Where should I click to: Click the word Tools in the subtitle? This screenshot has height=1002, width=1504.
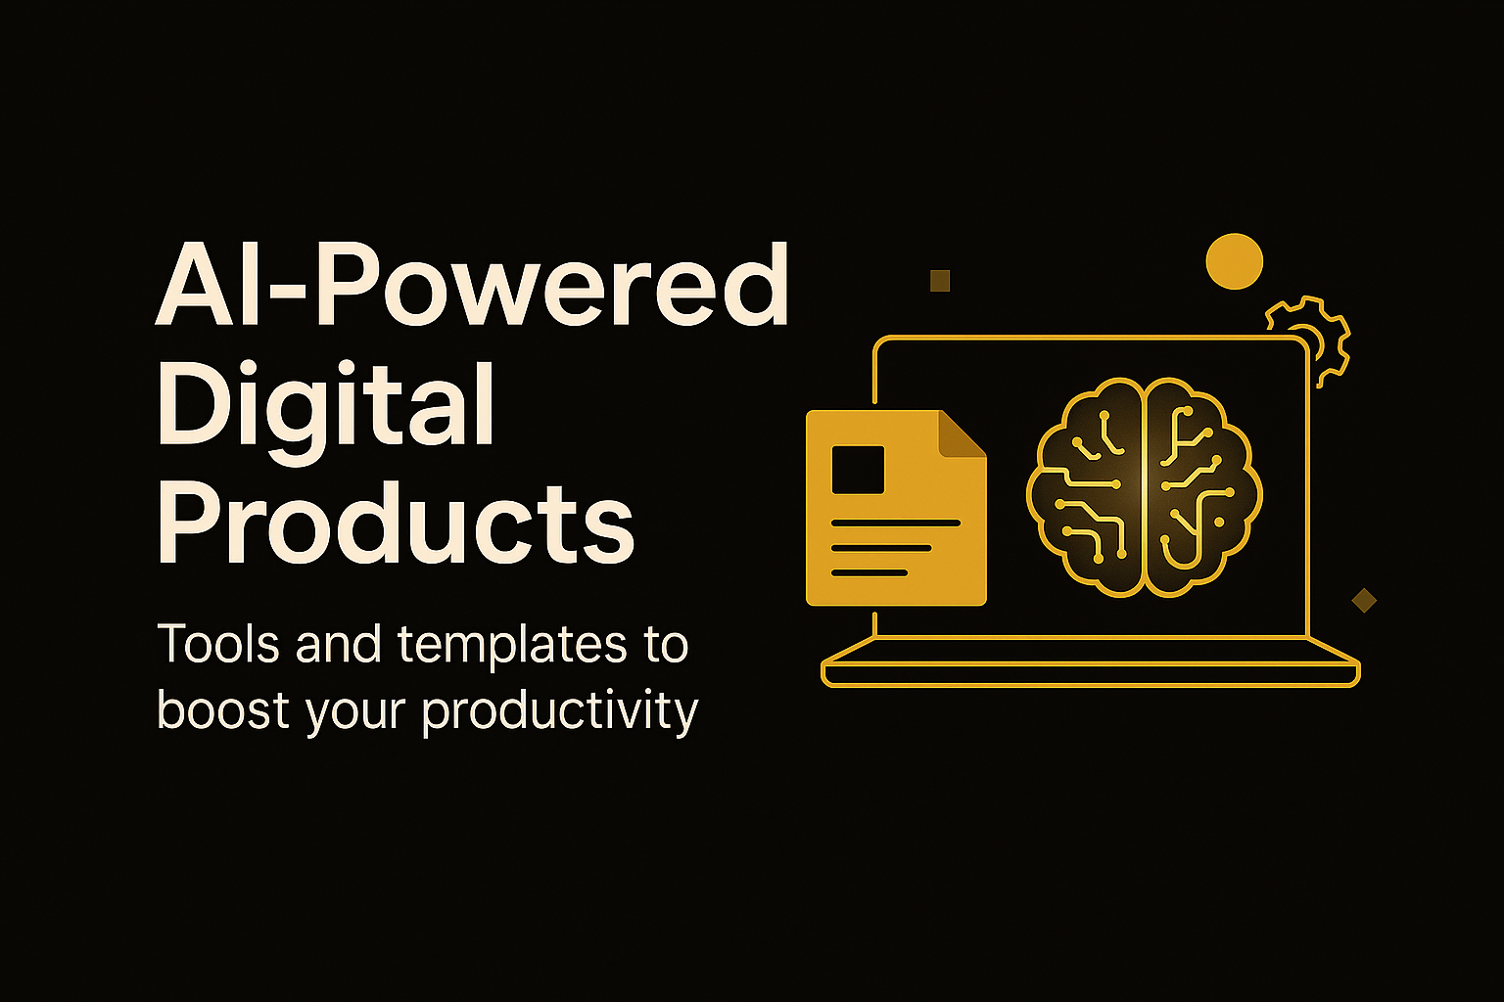tap(218, 643)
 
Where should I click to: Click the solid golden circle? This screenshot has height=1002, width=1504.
tap(1234, 261)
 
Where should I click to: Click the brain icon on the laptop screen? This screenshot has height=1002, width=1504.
tap(1144, 487)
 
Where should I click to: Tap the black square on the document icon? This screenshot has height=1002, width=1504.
tap(858, 470)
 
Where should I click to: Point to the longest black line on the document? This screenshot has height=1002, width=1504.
tap(896, 523)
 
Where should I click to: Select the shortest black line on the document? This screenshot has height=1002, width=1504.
tap(869, 572)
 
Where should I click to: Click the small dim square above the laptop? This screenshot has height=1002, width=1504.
tap(940, 281)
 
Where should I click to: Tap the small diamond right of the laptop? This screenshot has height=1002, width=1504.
tap(1364, 600)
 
